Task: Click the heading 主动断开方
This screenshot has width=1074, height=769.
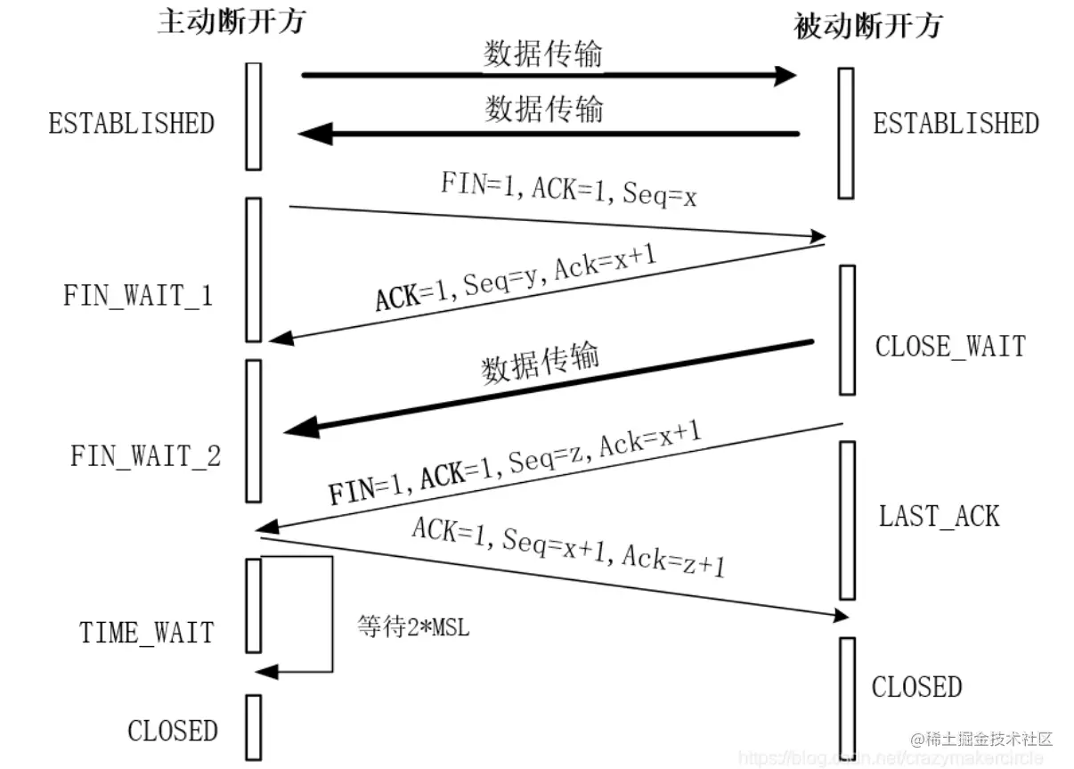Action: click(231, 20)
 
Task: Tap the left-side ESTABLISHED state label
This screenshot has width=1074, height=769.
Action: click(132, 123)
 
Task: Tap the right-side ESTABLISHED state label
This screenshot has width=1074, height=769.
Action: click(956, 123)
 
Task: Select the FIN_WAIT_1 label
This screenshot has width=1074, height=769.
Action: click(138, 295)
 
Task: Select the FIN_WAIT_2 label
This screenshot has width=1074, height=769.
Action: click(146, 456)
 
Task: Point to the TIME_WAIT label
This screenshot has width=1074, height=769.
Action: click(147, 633)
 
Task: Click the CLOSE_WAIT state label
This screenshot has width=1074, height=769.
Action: click(950, 346)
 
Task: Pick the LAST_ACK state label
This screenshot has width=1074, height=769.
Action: click(940, 516)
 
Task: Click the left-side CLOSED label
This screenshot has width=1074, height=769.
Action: click(173, 731)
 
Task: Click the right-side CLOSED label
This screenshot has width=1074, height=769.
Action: click(916, 687)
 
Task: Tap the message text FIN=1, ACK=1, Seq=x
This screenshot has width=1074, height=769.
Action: click(568, 189)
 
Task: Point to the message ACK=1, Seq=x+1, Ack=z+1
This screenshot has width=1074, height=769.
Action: click(568, 545)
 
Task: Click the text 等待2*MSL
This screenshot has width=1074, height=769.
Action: click(413, 626)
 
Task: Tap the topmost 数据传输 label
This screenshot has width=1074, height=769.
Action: click(542, 54)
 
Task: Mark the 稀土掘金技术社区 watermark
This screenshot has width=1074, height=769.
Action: click(981, 739)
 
